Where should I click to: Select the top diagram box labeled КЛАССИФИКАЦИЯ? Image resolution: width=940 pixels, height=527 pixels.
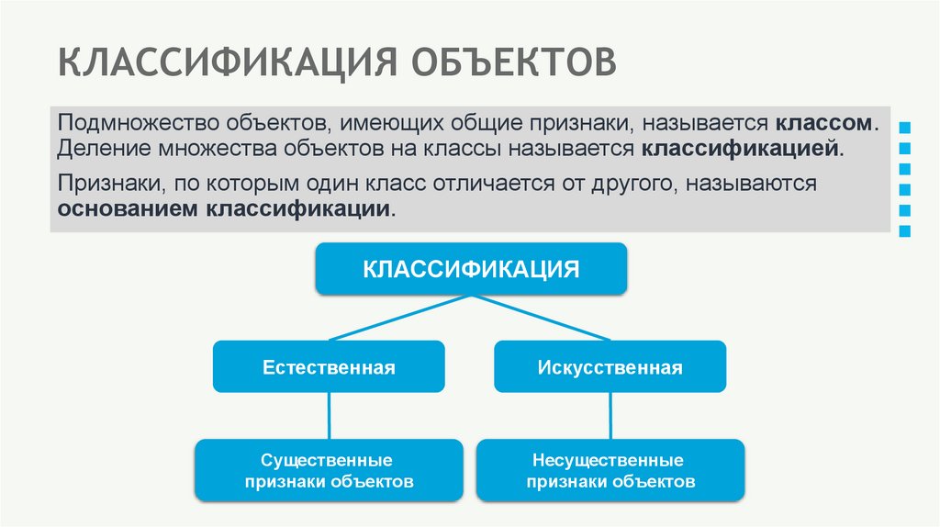[472, 269]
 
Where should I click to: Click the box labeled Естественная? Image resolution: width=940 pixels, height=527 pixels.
[329, 367]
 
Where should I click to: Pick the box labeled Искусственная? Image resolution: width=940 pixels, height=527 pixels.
[610, 367]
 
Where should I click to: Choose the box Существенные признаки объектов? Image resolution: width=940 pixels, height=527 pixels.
[329, 470]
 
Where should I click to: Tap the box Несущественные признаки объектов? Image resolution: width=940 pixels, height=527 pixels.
[610, 470]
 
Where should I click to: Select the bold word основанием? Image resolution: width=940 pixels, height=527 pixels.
[129, 208]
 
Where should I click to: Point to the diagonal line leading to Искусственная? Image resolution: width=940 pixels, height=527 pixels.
[542, 318]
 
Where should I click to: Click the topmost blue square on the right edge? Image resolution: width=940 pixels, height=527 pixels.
[906, 126]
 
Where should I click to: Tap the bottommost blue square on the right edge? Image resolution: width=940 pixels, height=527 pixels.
[906, 231]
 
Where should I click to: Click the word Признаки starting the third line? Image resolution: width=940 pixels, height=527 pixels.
[106, 184]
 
